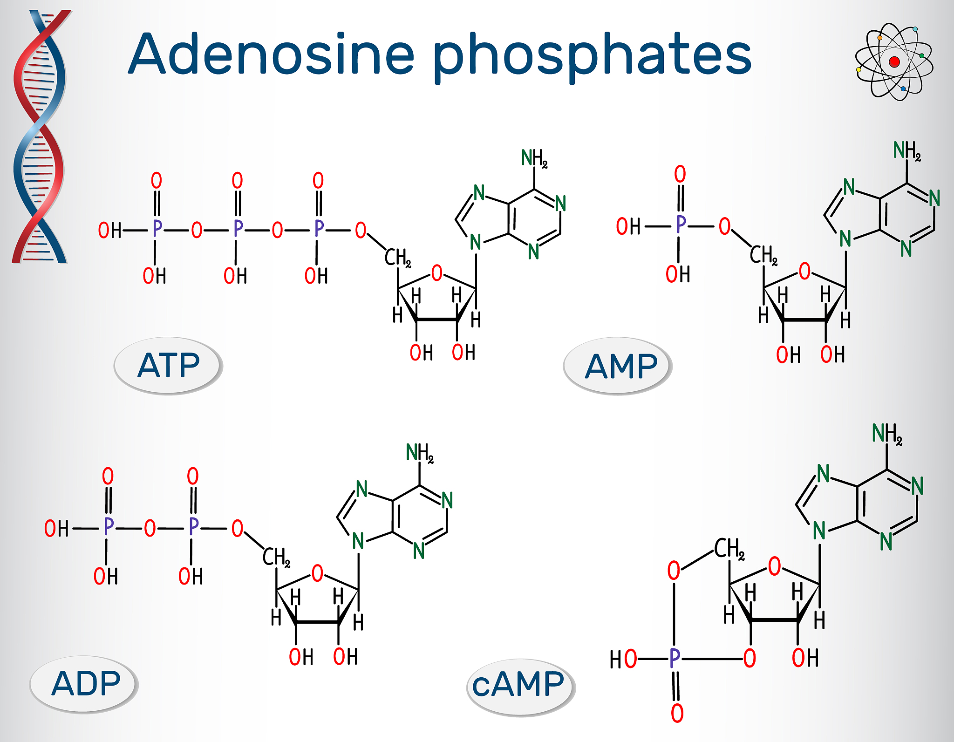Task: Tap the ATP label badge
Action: coord(168,366)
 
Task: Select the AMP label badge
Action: coord(618,366)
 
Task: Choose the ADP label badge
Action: coord(84,684)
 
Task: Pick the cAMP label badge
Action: coord(521,687)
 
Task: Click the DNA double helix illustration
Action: coord(41,136)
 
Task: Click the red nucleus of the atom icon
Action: coord(894,62)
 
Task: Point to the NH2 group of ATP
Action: coord(534,158)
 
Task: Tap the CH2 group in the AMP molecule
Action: coord(763,255)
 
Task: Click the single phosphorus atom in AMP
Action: coord(681,225)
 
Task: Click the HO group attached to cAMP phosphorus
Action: coord(623,659)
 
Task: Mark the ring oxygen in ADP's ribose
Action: coord(317,573)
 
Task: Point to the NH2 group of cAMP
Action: coord(887,434)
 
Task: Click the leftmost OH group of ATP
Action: coord(110,230)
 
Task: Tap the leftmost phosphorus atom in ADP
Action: coord(109,526)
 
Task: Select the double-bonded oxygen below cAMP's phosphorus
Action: coord(677,713)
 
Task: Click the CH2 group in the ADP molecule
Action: coord(276,557)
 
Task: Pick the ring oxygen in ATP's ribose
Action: coord(437,273)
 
